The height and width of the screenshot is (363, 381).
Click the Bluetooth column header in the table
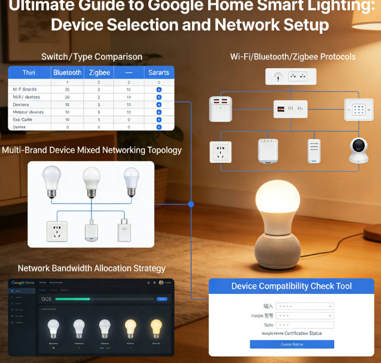tap(67, 72)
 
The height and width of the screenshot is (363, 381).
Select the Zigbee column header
tap(100, 72)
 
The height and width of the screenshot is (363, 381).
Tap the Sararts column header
tap(159, 72)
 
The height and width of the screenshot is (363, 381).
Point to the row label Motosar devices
tap(28, 112)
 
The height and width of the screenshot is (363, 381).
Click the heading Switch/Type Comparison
tap(92, 57)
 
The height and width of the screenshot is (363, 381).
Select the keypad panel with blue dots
tap(358, 110)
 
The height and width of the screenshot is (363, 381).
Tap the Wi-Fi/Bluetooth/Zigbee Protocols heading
tap(293, 57)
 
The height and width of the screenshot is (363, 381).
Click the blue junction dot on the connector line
tap(191, 204)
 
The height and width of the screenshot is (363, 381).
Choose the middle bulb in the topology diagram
tap(92, 182)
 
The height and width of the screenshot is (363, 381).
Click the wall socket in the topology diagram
tap(57, 231)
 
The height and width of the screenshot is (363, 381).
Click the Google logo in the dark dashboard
tap(23, 282)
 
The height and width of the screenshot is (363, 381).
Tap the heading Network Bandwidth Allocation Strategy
tap(92, 268)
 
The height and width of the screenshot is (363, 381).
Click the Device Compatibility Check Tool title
tap(292, 286)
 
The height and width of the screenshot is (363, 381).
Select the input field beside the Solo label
tap(305, 325)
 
